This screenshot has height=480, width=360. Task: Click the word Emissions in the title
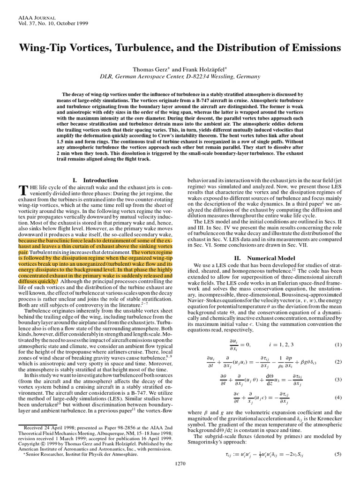(313, 48)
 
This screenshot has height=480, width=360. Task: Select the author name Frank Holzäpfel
(192, 68)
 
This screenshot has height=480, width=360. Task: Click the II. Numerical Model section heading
(265, 258)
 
